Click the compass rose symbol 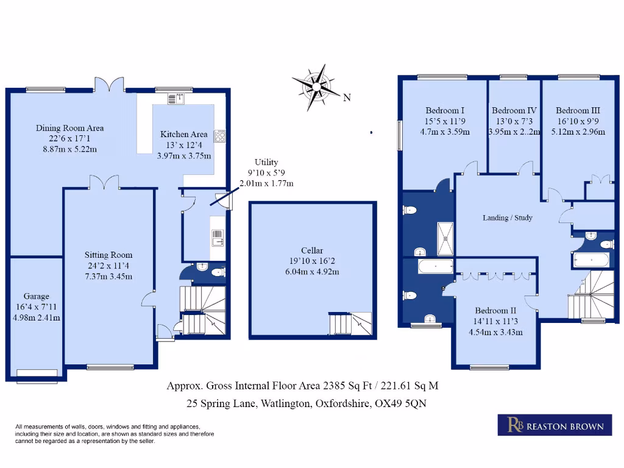point(316,87)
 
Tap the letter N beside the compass point(347,97)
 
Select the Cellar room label point(311,250)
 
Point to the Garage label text point(37,296)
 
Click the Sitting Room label point(108,255)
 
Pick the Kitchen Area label point(183,134)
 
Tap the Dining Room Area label point(69,128)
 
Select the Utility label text point(266,162)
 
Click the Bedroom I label point(445,110)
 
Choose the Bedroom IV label point(514,110)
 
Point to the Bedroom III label point(578,110)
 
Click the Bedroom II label point(495,310)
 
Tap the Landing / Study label point(508,218)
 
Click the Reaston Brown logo point(555,425)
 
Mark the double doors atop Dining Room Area point(110,84)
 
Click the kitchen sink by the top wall point(175,99)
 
